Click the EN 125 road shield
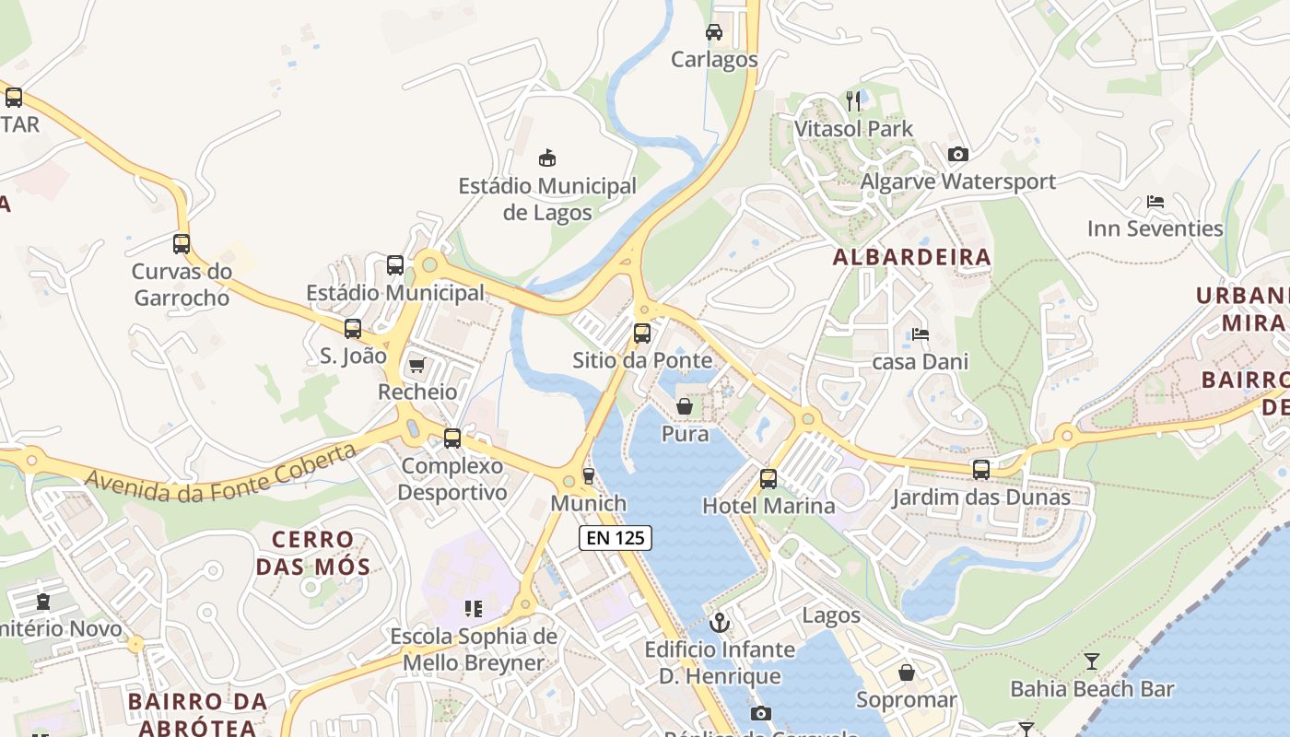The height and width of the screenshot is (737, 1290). [x=616, y=538]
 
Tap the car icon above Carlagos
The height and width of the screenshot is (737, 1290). [x=713, y=32]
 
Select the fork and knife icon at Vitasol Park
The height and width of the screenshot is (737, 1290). [x=853, y=100]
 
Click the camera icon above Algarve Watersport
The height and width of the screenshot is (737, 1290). [x=957, y=154]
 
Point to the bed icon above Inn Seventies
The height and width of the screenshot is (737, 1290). [x=1155, y=201]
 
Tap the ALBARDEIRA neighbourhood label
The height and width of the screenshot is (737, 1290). [x=911, y=257]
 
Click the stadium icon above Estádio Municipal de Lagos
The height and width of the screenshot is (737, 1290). [x=547, y=158]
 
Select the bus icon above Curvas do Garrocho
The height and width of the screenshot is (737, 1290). [x=182, y=244]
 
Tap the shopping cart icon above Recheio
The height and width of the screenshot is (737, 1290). [x=416, y=366]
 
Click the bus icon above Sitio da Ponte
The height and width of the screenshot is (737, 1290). [x=642, y=333]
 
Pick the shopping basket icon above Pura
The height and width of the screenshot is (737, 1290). [x=685, y=405]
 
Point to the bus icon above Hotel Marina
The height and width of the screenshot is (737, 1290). [x=768, y=479]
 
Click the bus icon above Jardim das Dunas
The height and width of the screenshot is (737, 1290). [x=980, y=470]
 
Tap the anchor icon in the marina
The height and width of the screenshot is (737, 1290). [x=720, y=623]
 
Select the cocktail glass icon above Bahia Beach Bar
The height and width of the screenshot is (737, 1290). [x=1092, y=661]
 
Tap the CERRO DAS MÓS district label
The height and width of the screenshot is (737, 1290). [x=313, y=553]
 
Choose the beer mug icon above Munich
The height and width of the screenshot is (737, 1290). [x=588, y=476]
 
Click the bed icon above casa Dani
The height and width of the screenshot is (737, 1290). [x=920, y=334]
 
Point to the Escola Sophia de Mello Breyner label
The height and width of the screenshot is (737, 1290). [x=473, y=649]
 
